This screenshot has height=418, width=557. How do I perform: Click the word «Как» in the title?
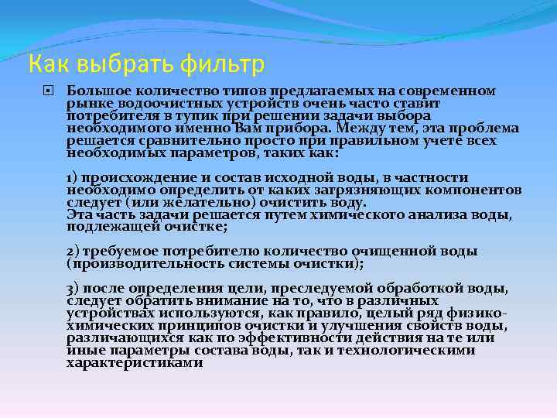[46, 62]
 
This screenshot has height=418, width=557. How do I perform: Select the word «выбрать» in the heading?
[110, 62]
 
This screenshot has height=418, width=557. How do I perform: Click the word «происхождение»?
[132, 178]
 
